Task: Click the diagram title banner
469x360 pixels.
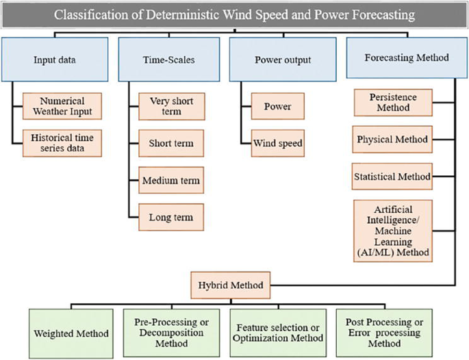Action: click(234, 14)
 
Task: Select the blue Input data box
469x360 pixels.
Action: click(54, 60)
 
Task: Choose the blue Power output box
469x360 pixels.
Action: click(282, 60)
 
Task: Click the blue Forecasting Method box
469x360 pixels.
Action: click(407, 58)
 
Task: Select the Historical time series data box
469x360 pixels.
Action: click(62, 142)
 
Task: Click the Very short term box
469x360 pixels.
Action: click(170, 107)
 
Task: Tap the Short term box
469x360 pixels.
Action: click(170, 144)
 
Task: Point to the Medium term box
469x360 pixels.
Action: click(170, 181)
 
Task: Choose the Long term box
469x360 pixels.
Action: click(170, 218)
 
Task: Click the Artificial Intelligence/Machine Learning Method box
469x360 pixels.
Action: click(392, 230)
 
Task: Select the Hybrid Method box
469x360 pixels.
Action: click(230, 282)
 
